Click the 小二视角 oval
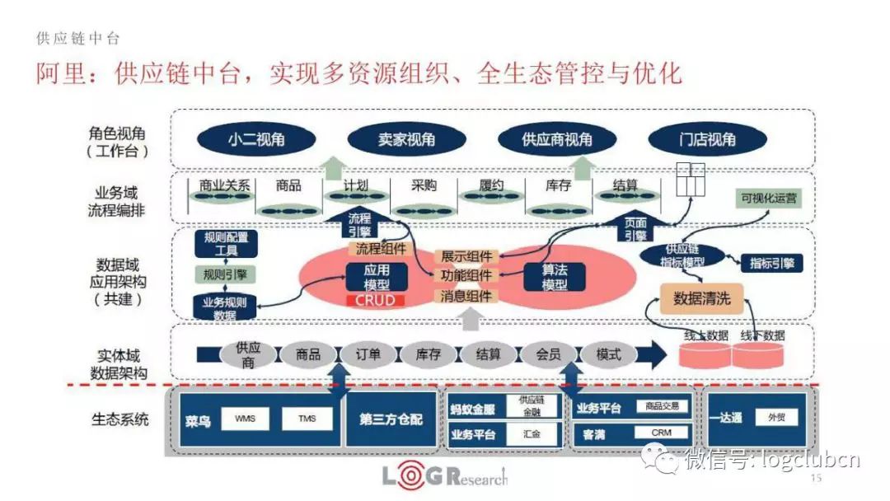pos(255,140)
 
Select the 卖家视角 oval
pos(401,140)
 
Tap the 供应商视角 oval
pos(556,140)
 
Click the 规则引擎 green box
pos(226,274)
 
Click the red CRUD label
pos(375,301)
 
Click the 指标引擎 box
pos(771,263)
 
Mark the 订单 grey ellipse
pos(368,355)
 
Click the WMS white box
pos(245,419)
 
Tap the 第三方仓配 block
pos(391,419)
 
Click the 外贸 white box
pos(776,418)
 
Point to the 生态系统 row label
pos(120,419)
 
